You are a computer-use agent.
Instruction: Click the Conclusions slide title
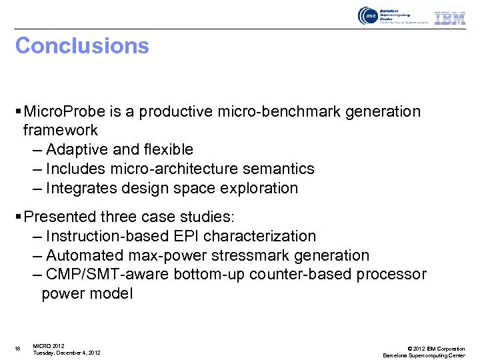(82, 46)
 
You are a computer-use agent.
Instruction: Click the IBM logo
(450, 18)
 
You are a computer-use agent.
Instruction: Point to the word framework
(61, 130)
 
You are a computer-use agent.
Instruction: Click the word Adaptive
(79, 149)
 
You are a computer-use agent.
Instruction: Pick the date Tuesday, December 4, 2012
(67, 353)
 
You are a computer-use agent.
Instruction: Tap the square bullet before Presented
(18, 217)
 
